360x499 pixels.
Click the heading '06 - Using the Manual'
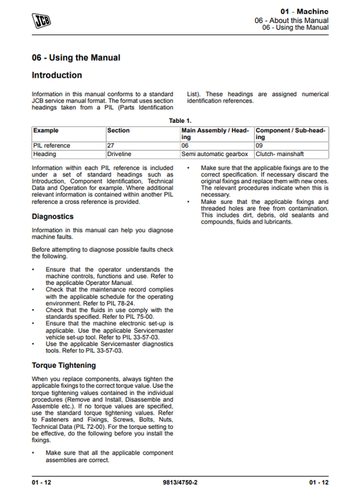click(x=76, y=57)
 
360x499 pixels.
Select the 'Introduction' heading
click(x=57, y=75)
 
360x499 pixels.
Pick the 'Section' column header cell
click(x=119, y=130)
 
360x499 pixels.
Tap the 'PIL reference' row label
click(x=51, y=145)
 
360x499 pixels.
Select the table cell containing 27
click(x=111, y=145)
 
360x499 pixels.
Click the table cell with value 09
click(x=259, y=145)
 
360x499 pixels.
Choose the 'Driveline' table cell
click(x=120, y=154)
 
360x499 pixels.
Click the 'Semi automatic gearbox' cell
click(x=215, y=154)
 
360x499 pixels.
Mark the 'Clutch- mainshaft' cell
click(x=284, y=154)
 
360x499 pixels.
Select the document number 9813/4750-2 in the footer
click(x=180, y=481)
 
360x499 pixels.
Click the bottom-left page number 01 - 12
click(x=42, y=481)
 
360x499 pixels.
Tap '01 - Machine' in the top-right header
click(x=304, y=11)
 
